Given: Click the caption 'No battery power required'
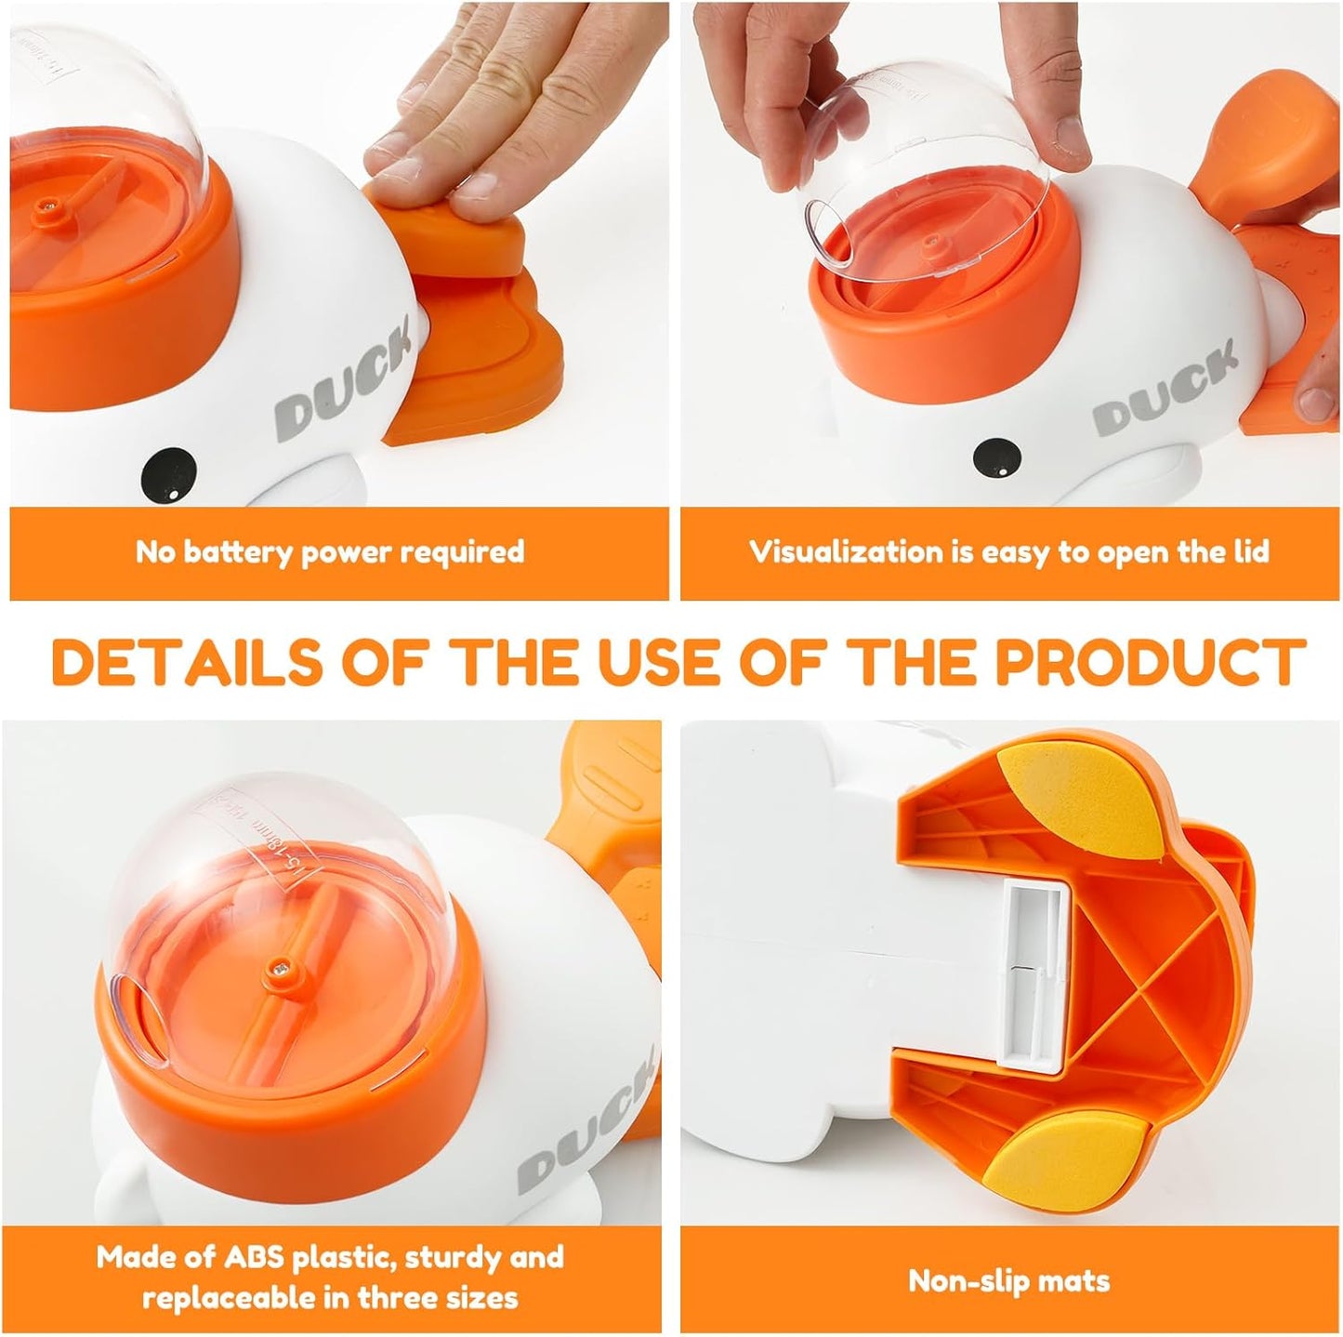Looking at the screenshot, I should point(330,552).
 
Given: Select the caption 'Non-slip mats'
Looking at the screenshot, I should point(1008,1281).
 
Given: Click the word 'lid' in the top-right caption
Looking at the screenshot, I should point(1247,552).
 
